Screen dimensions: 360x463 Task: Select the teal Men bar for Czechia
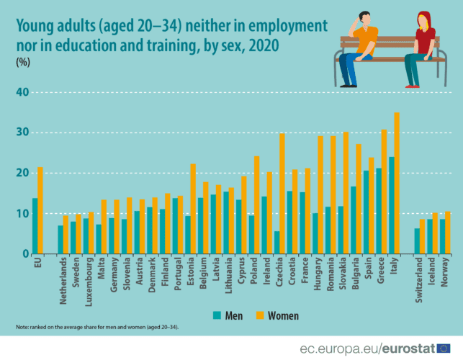click(x=277, y=243)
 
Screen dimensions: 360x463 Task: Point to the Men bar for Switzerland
click(x=417, y=241)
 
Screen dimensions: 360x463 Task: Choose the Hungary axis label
click(x=318, y=274)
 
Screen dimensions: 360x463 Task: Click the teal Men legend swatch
click(x=217, y=315)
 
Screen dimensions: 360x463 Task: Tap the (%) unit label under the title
click(x=24, y=63)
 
